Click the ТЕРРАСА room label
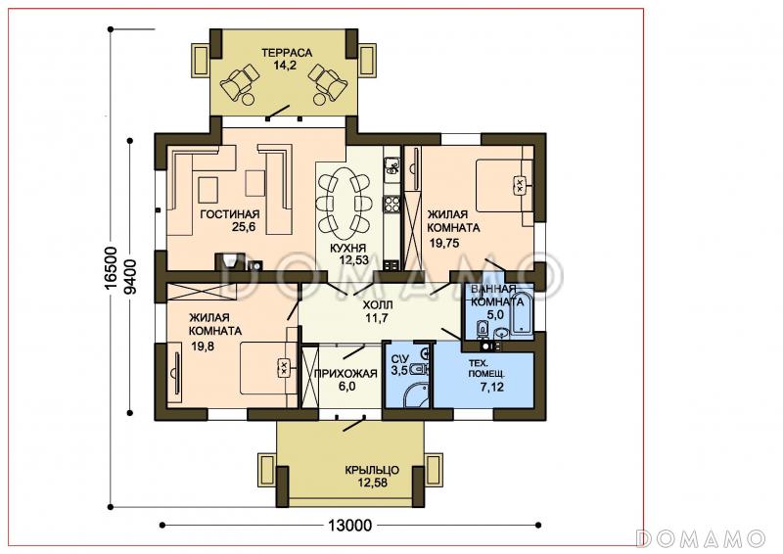point(287,53)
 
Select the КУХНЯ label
point(348,248)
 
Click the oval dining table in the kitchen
point(345,204)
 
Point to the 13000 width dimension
point(349,525)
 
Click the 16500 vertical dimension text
point(111,267)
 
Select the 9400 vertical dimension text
point(130,276)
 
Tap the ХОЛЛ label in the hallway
point(378,305)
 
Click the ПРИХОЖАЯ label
point(345,373)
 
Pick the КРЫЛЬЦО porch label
point(372,470)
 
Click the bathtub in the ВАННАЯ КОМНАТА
point(523,309)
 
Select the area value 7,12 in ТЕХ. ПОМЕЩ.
point(492,387)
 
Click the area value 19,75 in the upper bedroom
point(444,244)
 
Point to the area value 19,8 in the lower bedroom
point(203,346)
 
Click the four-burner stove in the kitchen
point(392,204)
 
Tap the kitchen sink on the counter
point(392,165)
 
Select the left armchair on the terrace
point(240,81)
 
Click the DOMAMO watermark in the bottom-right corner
point(700,538)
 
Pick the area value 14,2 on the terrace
point(285,65)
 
